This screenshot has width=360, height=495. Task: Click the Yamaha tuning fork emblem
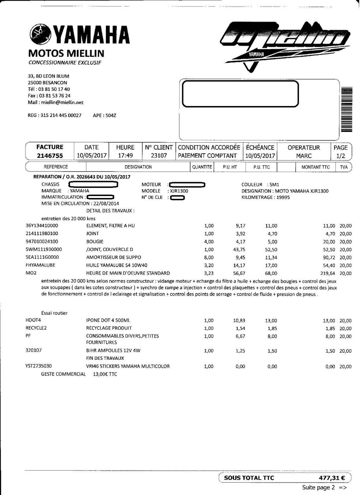(39, 33)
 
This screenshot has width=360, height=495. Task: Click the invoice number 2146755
(49, 155)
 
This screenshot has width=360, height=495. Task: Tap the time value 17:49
(125, 155)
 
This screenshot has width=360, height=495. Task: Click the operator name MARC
(304, 155)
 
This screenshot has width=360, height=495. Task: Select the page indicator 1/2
(340, 155)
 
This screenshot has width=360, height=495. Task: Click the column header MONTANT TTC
(316, 167)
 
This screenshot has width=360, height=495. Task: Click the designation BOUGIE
(92, 241)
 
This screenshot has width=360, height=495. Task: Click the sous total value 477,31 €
(332, 478)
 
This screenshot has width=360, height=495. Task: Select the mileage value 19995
(283, 197)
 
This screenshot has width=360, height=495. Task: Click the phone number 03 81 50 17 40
(54, 89)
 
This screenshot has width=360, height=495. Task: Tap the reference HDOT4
(33, 320)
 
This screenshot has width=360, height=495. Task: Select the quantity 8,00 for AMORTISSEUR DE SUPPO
(208, 257)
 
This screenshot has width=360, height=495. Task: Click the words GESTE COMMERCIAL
(63, 374)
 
